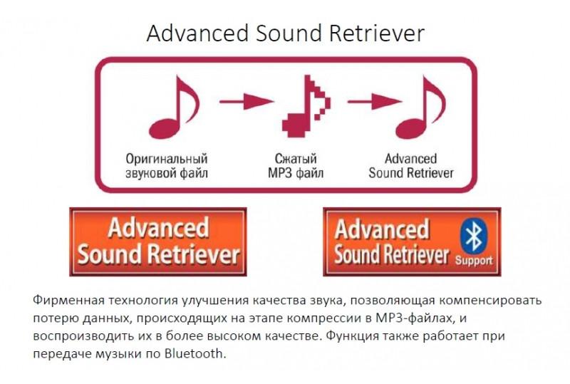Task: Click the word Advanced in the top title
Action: [x=197, y=33]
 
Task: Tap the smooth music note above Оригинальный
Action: [x=174, y=108]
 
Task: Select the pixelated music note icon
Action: [x=306, y=106]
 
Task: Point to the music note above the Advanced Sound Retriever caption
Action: [x=420, y=108]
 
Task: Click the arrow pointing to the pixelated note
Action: [x=246, y=101]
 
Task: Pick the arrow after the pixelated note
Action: [x=375, y=101]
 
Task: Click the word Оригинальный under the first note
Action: [x=167, y=159]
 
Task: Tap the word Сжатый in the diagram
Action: [x=296, y=159]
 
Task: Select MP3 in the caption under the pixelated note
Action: [x=280, y=172]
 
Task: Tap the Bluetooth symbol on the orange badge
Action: [x=473, y=236]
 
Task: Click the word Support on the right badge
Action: [x=474, y=260]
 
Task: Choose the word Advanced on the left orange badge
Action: [x=158, y=228]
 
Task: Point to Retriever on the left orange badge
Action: [x=194, y=254]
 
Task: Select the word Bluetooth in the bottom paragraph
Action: [x=194, y=353]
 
